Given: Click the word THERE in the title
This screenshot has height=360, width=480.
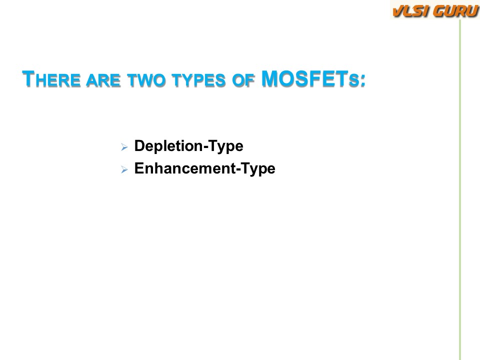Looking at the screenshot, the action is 51,79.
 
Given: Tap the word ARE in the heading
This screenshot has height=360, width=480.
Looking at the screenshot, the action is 103,80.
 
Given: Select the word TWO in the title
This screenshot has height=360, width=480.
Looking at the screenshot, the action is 146,80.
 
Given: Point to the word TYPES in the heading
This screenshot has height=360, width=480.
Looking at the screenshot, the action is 198,80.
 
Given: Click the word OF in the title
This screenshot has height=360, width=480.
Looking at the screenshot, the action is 243,80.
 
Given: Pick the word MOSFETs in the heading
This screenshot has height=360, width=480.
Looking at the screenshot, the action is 310,79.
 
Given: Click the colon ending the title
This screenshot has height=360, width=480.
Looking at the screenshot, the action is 363,81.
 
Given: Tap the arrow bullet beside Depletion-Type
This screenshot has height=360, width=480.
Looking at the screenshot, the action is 124,147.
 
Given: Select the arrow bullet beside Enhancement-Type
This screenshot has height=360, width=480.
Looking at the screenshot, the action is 124,169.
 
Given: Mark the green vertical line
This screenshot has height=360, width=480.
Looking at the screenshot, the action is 460,190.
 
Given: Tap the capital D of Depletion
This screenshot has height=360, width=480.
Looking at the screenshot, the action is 140,145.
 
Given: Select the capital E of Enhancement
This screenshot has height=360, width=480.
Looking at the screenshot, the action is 139,168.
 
